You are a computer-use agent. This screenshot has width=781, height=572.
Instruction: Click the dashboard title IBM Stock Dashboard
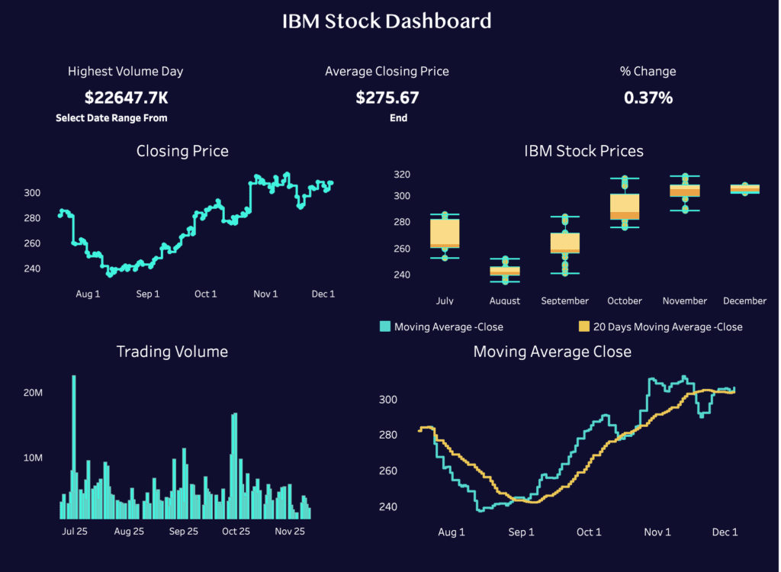387,21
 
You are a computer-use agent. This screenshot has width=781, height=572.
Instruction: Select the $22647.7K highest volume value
126,98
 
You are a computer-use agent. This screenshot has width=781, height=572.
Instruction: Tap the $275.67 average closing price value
387,98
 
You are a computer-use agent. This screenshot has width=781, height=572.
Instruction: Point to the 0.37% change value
648,98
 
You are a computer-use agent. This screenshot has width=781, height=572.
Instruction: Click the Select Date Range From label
111,118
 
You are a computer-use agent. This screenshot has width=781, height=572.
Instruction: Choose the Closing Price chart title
182,151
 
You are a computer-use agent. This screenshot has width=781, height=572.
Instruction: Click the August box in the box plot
504,270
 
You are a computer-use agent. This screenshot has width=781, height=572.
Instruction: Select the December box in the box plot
744,188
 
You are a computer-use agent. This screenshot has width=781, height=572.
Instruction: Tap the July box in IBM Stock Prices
445,233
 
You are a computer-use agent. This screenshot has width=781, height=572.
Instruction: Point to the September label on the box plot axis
564,300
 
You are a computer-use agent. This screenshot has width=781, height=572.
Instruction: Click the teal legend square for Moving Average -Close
385,326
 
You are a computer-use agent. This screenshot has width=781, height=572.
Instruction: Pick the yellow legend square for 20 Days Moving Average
584,326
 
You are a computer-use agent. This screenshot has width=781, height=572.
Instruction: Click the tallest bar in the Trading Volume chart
74,446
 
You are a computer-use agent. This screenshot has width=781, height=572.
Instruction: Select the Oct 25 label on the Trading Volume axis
236,532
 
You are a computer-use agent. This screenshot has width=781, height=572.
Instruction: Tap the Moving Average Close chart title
552,352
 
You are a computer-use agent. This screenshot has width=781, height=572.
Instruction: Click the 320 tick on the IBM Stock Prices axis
401,175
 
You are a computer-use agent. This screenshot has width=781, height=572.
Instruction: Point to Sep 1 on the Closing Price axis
148,294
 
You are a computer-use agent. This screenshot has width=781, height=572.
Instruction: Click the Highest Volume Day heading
126,71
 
